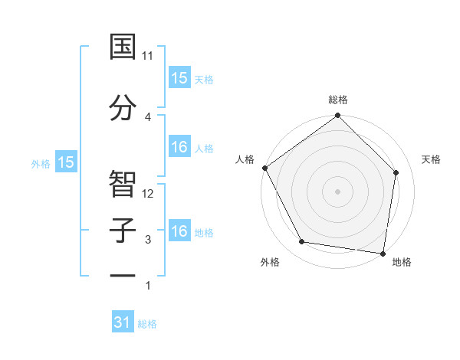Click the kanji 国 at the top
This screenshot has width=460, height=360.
123,47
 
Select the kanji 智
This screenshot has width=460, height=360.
123,183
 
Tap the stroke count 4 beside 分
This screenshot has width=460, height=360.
147,116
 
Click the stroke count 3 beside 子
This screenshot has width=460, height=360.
147,240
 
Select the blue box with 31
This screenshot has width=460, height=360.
123,322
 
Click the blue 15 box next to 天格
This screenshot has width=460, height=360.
179,77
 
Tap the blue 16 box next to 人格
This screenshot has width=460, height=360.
179,147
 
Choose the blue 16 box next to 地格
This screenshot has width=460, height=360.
179,231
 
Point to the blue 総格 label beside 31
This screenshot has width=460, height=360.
147,324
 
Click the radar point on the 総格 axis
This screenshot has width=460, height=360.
337,116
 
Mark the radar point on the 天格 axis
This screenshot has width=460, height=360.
396,172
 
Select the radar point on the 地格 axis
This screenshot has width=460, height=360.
383,253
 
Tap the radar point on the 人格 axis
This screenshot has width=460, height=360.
264,168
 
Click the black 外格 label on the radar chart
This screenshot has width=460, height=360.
270,262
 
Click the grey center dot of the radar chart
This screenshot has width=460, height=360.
337,191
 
